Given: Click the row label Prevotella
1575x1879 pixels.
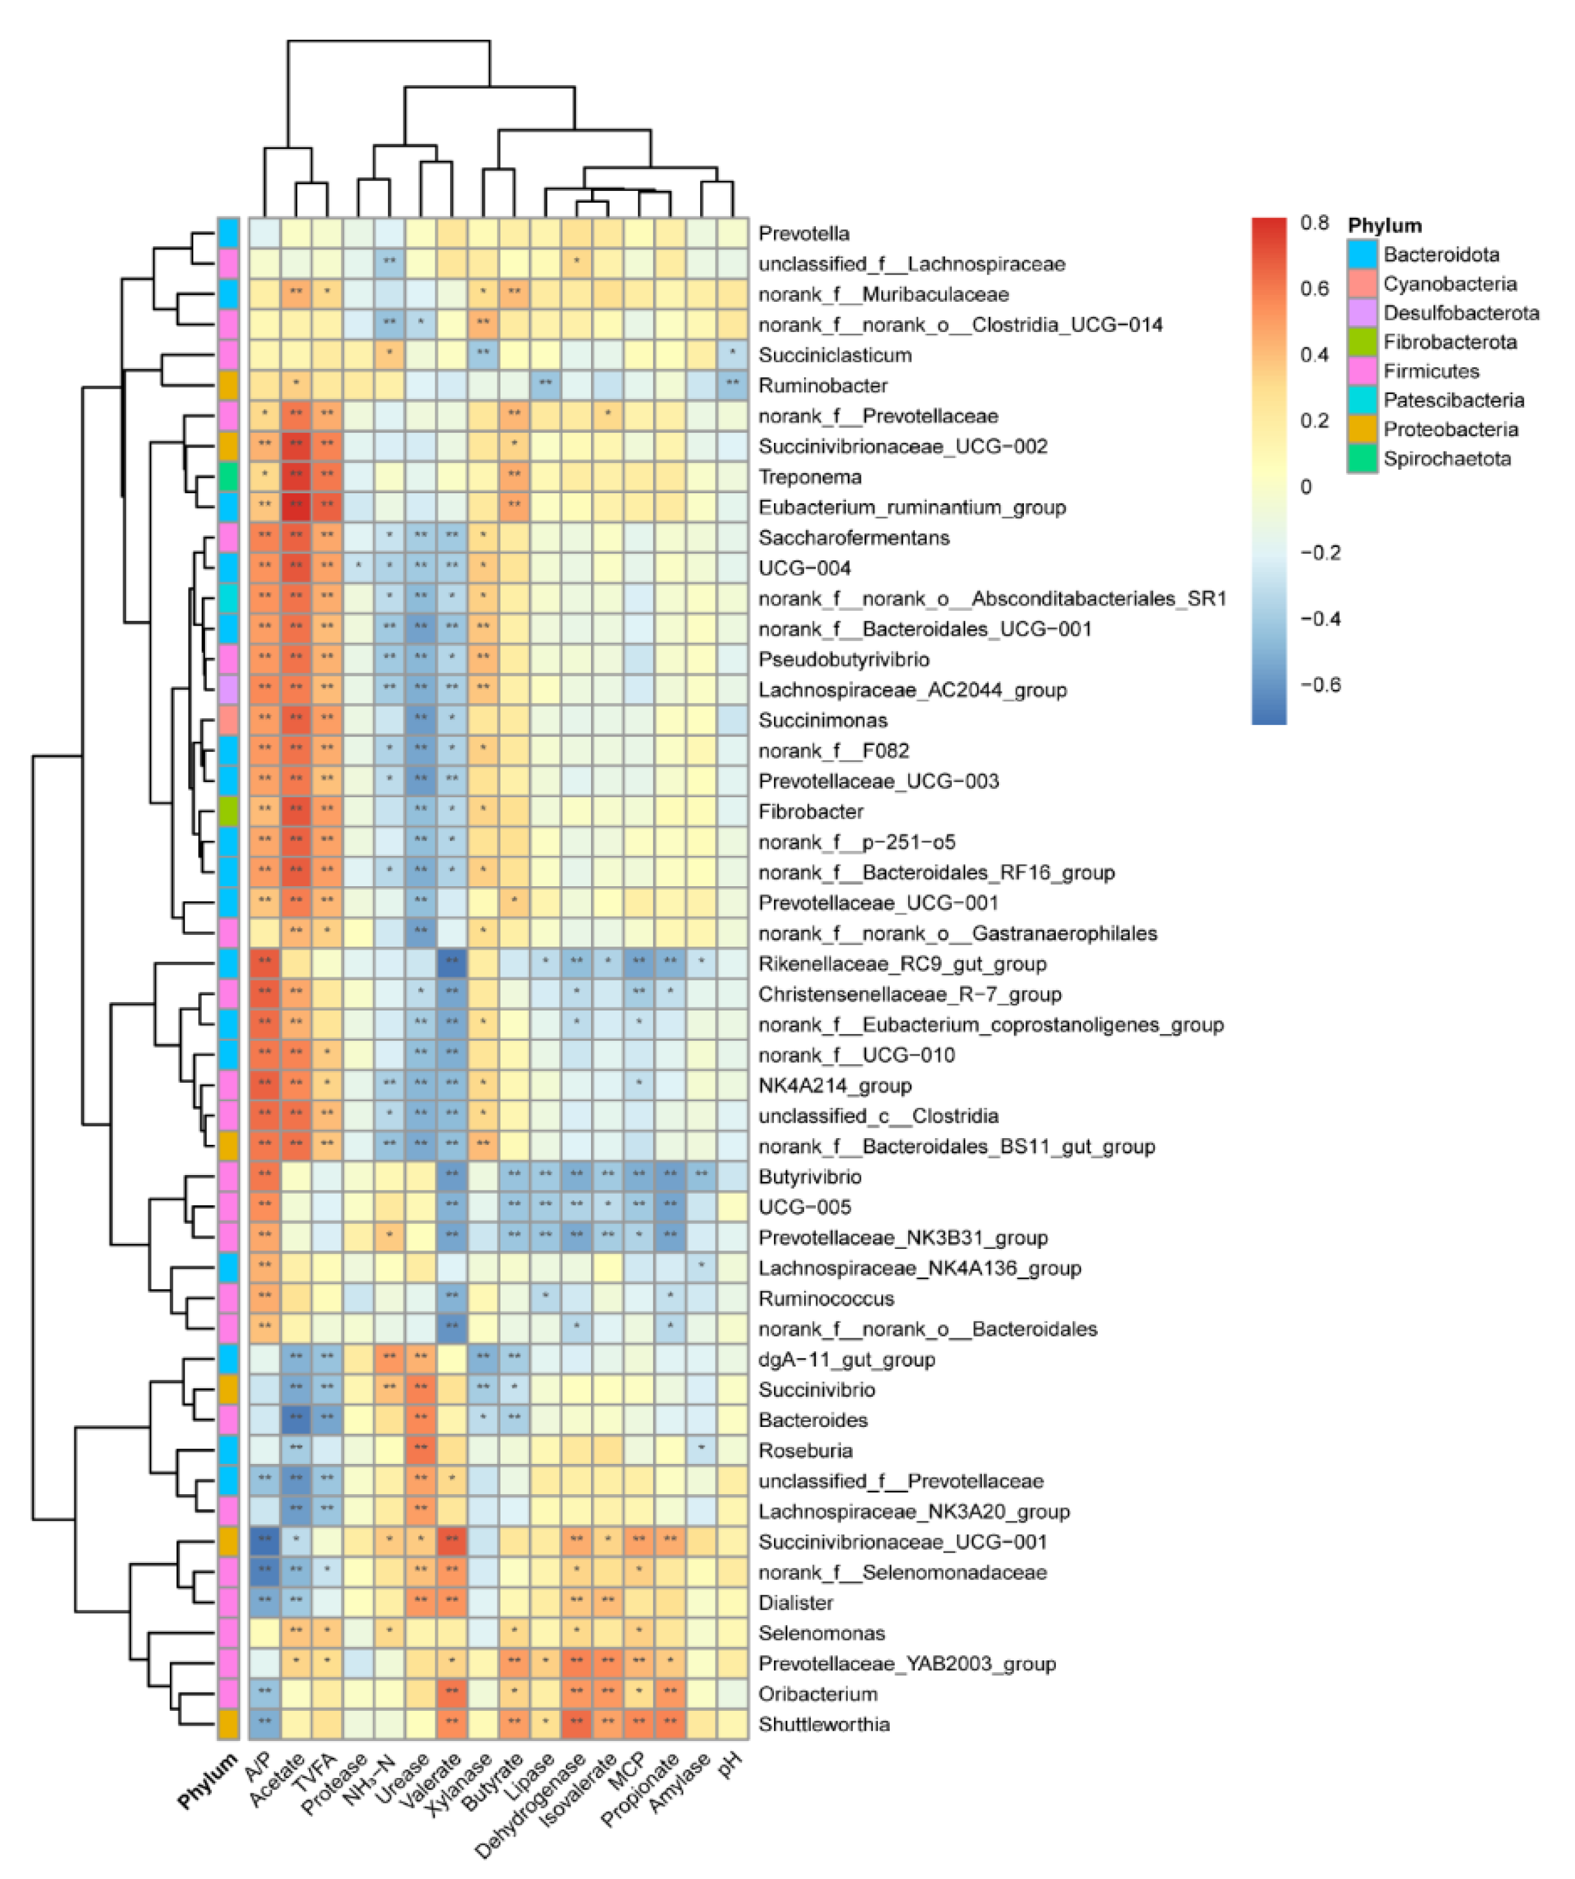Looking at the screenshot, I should click(803, 233).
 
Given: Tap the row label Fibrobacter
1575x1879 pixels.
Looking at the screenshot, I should click(810, 812).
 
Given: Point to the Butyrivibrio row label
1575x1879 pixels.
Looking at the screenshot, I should click(810, 1177).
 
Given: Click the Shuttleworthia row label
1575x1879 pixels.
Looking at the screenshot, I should click(824, 1724).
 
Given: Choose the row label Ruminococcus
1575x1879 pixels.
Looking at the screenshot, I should click(826, 1298).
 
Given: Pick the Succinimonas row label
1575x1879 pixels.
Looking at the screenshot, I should click(823, 721).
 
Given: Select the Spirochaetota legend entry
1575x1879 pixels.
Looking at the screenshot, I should click(1446, 459).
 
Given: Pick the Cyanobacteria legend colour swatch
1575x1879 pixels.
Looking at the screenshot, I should click(1362, 284).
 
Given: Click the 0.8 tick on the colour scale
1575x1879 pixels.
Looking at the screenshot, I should click(1314, 223).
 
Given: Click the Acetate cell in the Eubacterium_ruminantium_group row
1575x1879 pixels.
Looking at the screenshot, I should click(296, 507).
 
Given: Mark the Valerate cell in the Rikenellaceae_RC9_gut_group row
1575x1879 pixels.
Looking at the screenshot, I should click(452, 964).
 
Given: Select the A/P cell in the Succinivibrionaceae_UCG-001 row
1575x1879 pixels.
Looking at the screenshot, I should click(265, 1542).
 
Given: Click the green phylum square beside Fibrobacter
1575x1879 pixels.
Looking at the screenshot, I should click(228, 812).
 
